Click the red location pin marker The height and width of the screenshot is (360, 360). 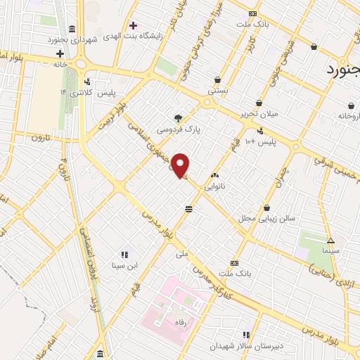181,165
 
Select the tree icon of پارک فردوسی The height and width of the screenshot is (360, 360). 178,118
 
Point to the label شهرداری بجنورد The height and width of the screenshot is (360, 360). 71,39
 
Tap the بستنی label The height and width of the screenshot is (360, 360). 218,91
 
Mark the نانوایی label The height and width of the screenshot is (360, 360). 214,188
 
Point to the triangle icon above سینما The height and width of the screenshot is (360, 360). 330,240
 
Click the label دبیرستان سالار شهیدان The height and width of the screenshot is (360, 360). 245,347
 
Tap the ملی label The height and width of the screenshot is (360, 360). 184,252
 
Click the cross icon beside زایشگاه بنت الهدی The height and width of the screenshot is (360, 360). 132,25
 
